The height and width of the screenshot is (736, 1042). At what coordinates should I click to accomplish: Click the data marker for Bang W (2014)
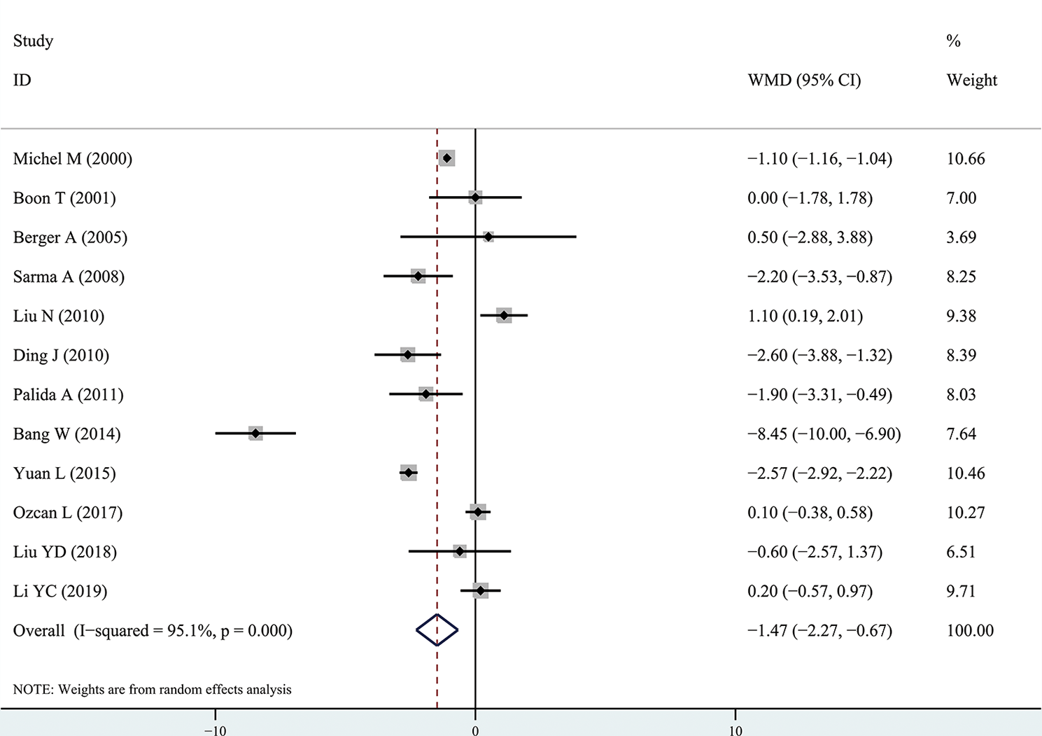pyautogui.click(x=255, y=433)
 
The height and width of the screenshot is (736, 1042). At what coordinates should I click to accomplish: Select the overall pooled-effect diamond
pyautogui.click(x=437, y=630)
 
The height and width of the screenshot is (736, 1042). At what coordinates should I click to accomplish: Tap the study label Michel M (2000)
pyautogui.click(x=73, y=159)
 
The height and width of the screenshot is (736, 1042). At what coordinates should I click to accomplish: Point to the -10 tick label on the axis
pyautogui.click(x=215, y=730)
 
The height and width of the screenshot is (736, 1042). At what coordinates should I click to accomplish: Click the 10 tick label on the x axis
pyautogui.click(x=735, y=730)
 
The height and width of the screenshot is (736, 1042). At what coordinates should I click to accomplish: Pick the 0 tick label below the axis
pyautogui.click(x=475, y=730)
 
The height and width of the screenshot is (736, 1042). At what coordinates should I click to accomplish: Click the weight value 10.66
pyautogui.click(x=966, y=159)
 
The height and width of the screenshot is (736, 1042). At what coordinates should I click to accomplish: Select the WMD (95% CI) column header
pyautogui.click(x=804, y=81)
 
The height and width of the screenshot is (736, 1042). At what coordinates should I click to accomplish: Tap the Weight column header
pyautogui.click(x=972, y=81)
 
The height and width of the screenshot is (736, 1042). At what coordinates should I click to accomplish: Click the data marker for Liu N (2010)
pyautogui.click(x=504, y=316)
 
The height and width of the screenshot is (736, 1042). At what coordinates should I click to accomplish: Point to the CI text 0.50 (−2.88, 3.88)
pyautogui.click(x=810, y=237)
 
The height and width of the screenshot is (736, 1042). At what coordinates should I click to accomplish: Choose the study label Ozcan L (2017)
pyautogui.click(x=68, y=513)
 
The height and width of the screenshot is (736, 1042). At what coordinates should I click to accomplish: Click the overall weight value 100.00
pyautogui.click(x=970, y=630)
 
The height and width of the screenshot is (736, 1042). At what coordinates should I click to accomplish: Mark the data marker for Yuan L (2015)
pyautogui.click(x=409, y=473)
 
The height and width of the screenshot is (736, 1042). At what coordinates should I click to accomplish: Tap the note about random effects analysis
pyautogui.click(x=153, y=689)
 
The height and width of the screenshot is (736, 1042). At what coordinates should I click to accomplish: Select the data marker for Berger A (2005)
pyautogui.click(x=488, y=237)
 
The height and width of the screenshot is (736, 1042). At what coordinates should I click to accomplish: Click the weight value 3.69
pyautogui.click(x=962, y=237)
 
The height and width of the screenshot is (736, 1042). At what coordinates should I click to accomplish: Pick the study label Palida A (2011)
pyautogui.click(x=69, y=395)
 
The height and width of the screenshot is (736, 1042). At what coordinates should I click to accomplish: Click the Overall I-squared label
pyautogui.click(x=153, y=630)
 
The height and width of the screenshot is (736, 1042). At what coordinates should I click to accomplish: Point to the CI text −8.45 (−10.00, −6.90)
pyautogui.click(x=824, y=434)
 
